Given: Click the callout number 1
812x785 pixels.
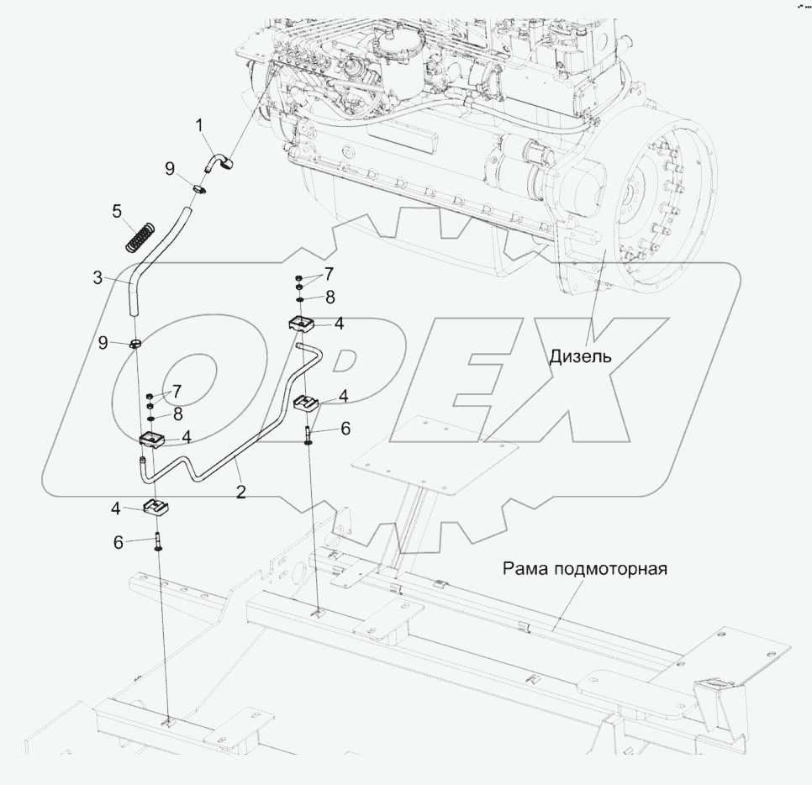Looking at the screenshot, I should click(199, 126).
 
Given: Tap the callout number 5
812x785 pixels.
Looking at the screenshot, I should click(117, 211).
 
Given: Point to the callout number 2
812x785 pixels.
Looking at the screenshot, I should click(240, 493).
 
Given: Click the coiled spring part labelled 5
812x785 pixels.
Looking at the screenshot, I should click(140, 235).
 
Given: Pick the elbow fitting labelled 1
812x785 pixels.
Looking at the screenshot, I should click(221, 160).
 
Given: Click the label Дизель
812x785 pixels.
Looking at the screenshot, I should click(580, 356).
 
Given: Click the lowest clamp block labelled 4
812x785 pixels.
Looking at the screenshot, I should click(156, 508).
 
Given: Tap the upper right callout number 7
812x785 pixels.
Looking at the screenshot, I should click(330, 274).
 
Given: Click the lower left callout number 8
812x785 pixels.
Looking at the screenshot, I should click(177, 414).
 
